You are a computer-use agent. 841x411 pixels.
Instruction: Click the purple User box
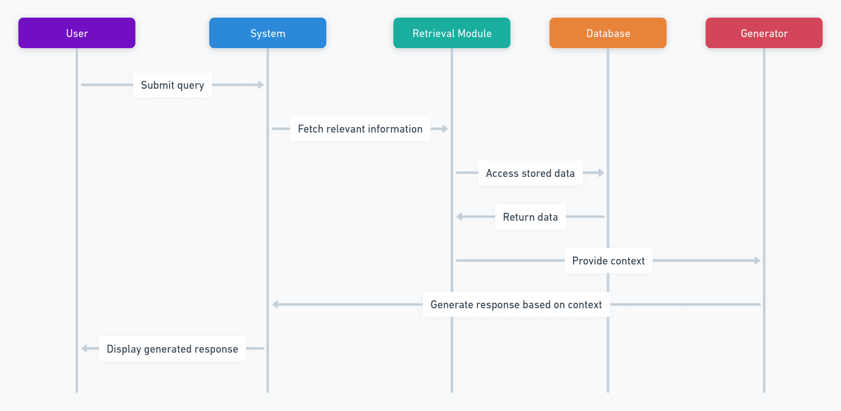pyautogui.click(x=77, y=33)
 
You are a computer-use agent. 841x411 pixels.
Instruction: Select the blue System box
pyautogui.click(x=267, y=33)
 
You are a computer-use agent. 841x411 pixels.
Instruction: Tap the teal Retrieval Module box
pyautogui.click(x=451, y=33)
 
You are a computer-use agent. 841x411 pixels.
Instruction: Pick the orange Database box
pyautogui.click(x=608, y=33)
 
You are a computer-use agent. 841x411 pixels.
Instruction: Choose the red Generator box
pyautogui.click(x=764, y=33)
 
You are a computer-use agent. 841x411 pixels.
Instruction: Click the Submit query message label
pyautogui.click(x=173, y=85)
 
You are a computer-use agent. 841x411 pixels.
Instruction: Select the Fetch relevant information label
pyautogui.click(x=360, y=129)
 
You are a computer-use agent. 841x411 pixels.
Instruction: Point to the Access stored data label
pyautogui.click(x=530, y=173)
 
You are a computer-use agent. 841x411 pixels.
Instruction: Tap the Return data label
pyautogui.click(x=530, y=217)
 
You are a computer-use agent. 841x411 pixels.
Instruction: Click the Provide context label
pyautogui.click(x=608, y=261)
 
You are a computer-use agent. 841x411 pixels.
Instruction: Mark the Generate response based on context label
pyautogui.click(x=516, y=305)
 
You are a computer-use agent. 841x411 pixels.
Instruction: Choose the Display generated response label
pyautogui.click(x=173, y=349)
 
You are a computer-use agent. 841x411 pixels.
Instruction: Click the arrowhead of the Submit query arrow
pyautogui.click(x=261, y=85)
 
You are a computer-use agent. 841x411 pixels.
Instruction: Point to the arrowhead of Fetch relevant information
pyautogui.click(x=445, y=129)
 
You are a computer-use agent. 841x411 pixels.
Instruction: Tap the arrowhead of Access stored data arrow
pyautogui.click(x=601, y=173)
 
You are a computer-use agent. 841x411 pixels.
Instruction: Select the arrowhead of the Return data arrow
pyautogui.click(x=460, y=217)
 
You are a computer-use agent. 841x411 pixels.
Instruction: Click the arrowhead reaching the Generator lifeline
pyautogui.click(x=757, y=261)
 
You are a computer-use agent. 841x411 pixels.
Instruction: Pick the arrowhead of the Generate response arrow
pyautogui.click(x=275, y=305)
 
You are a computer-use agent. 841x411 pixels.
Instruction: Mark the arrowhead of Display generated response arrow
pyautogui.click(x=85, y=349)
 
